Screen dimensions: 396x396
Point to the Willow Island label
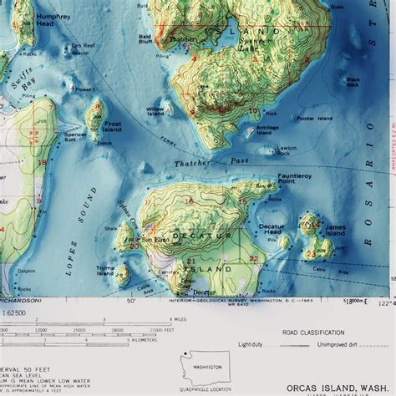pos(155,111)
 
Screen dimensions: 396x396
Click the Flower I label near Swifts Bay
pos(82,88)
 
